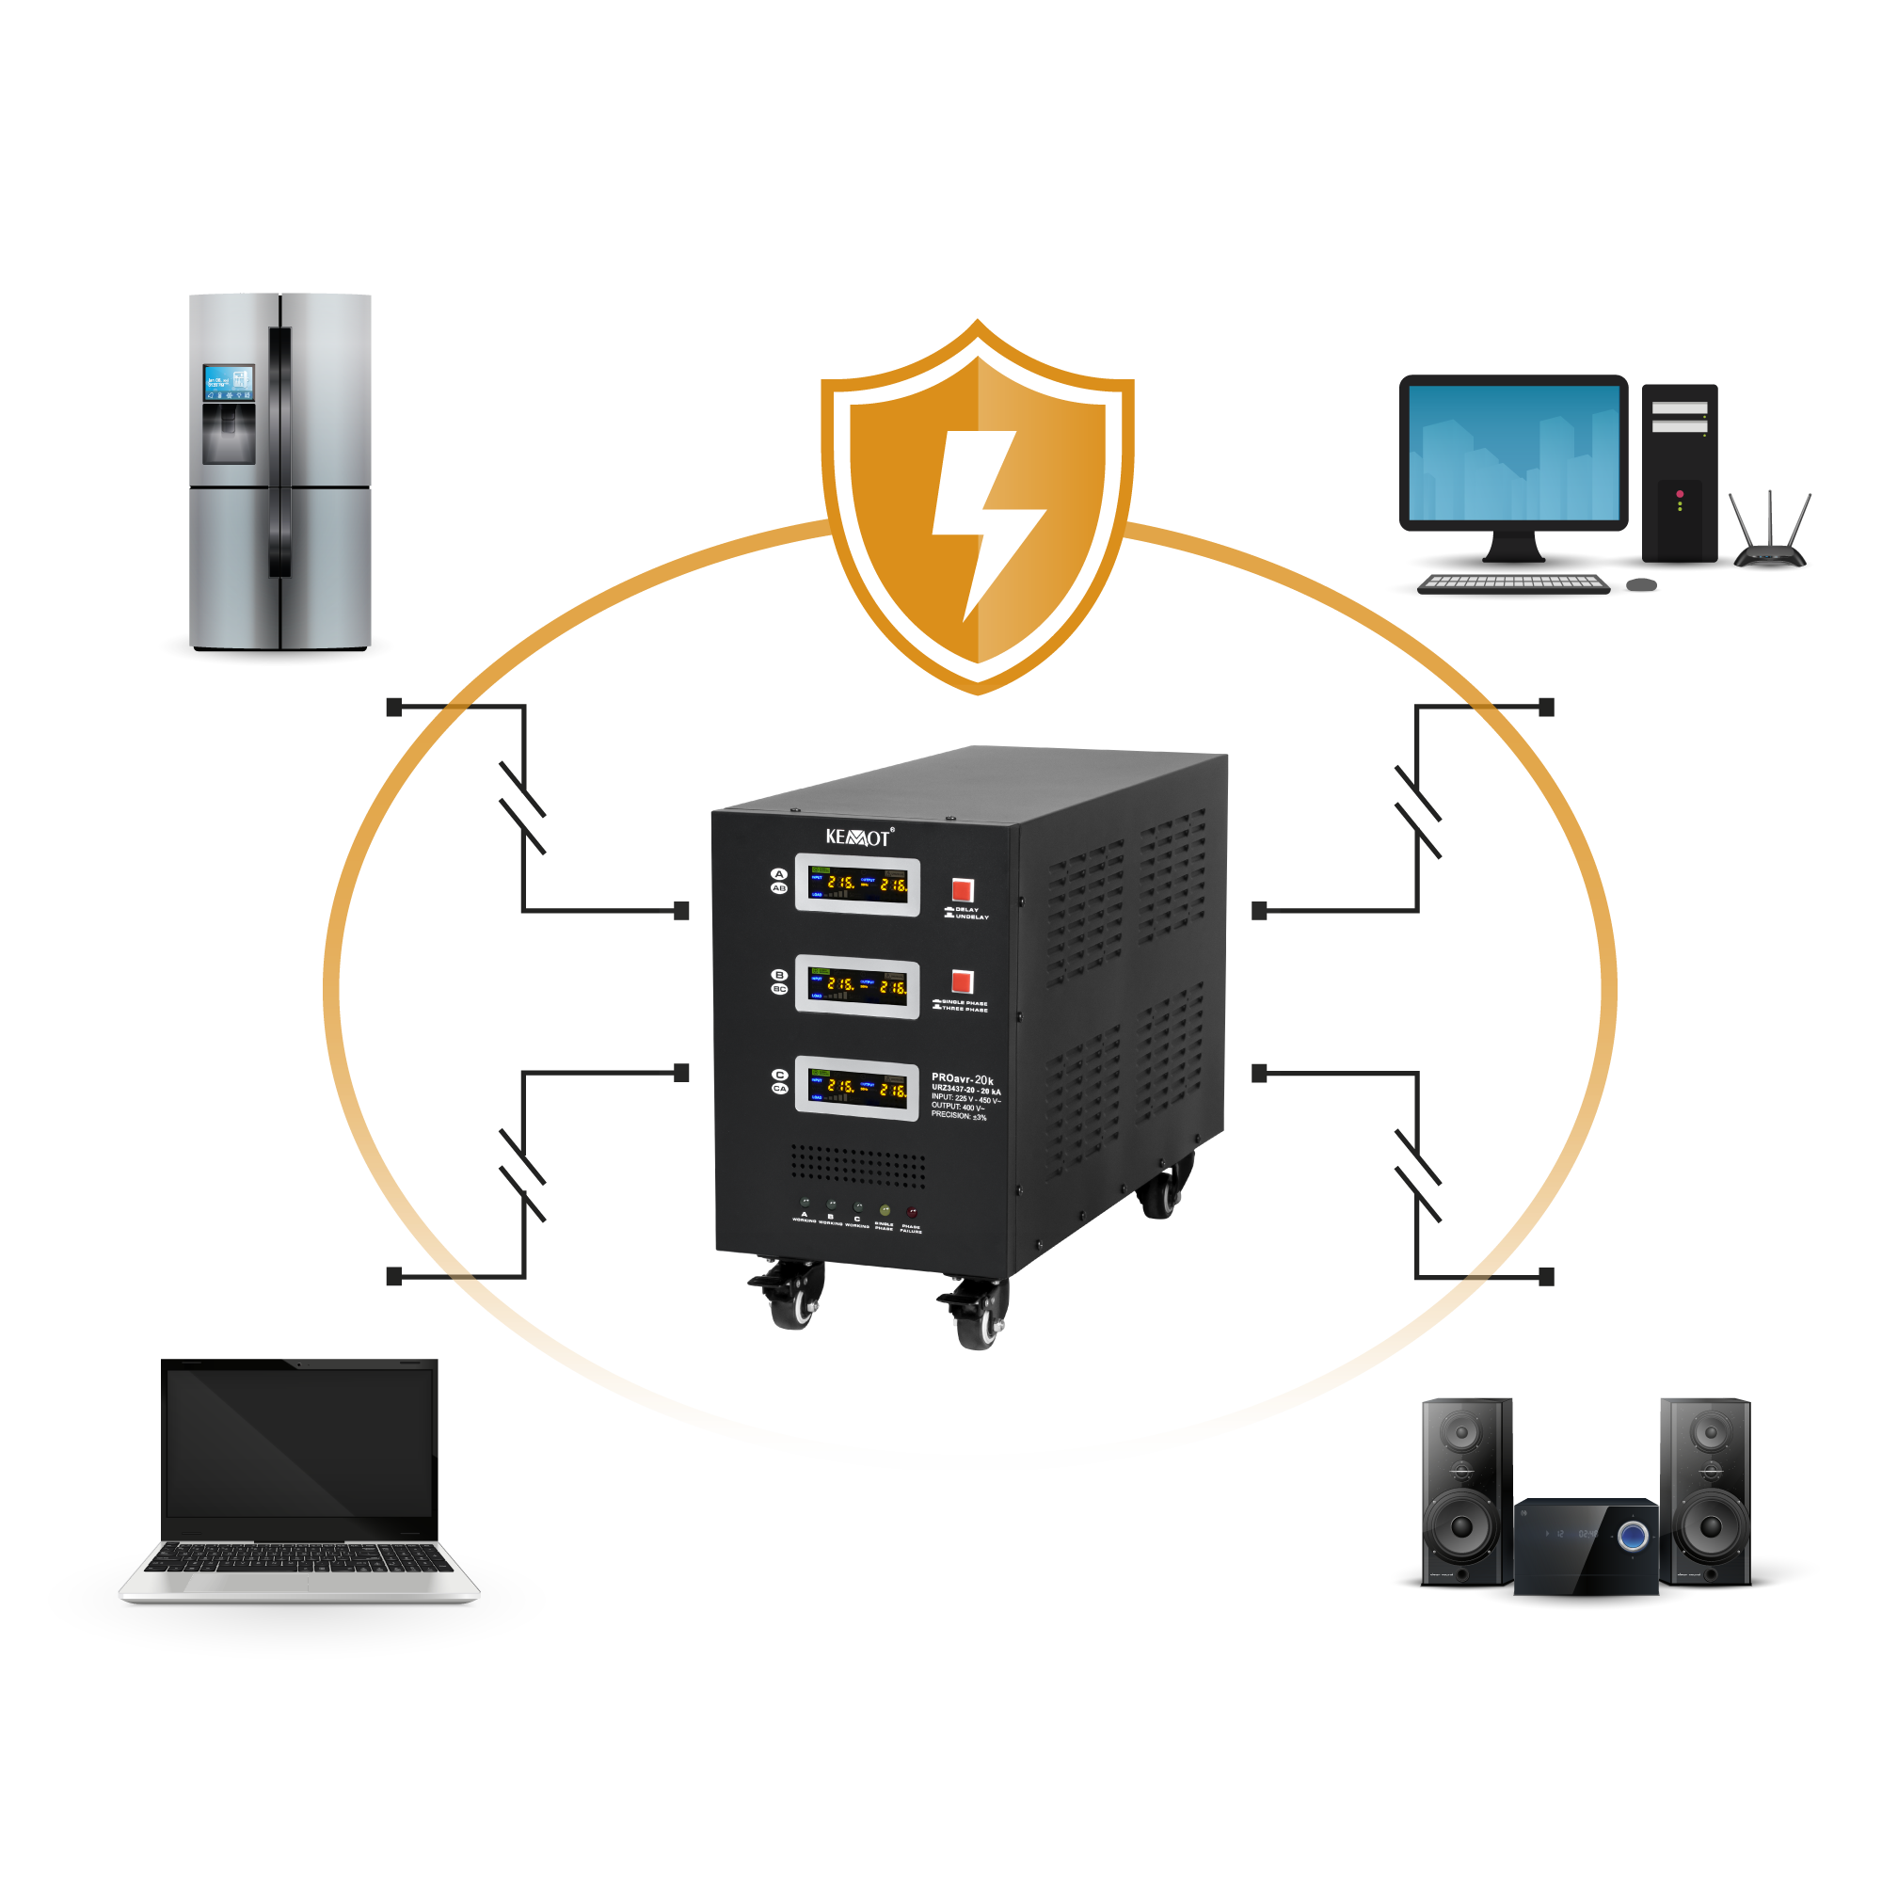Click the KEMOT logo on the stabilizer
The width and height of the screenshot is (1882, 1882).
point(858,837)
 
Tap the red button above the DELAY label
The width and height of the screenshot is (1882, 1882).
point(963,889)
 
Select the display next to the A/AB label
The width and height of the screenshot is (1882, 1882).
point(857,885)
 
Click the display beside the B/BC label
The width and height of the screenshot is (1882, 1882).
point(857,987)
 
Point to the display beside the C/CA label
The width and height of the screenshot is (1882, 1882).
point(857,1088)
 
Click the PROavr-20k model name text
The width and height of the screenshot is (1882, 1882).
point(963,1079)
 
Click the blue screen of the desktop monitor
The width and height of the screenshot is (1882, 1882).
point(1514,453)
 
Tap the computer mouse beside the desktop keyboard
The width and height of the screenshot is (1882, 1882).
point(1642,584)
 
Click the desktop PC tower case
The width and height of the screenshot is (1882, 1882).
point(1681,472)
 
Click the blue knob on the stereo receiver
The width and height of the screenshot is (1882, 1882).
point(1634,1538)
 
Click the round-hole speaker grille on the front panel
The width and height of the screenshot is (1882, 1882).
point(857,1161)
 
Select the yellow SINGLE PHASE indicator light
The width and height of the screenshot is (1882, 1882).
point(885,1211)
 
